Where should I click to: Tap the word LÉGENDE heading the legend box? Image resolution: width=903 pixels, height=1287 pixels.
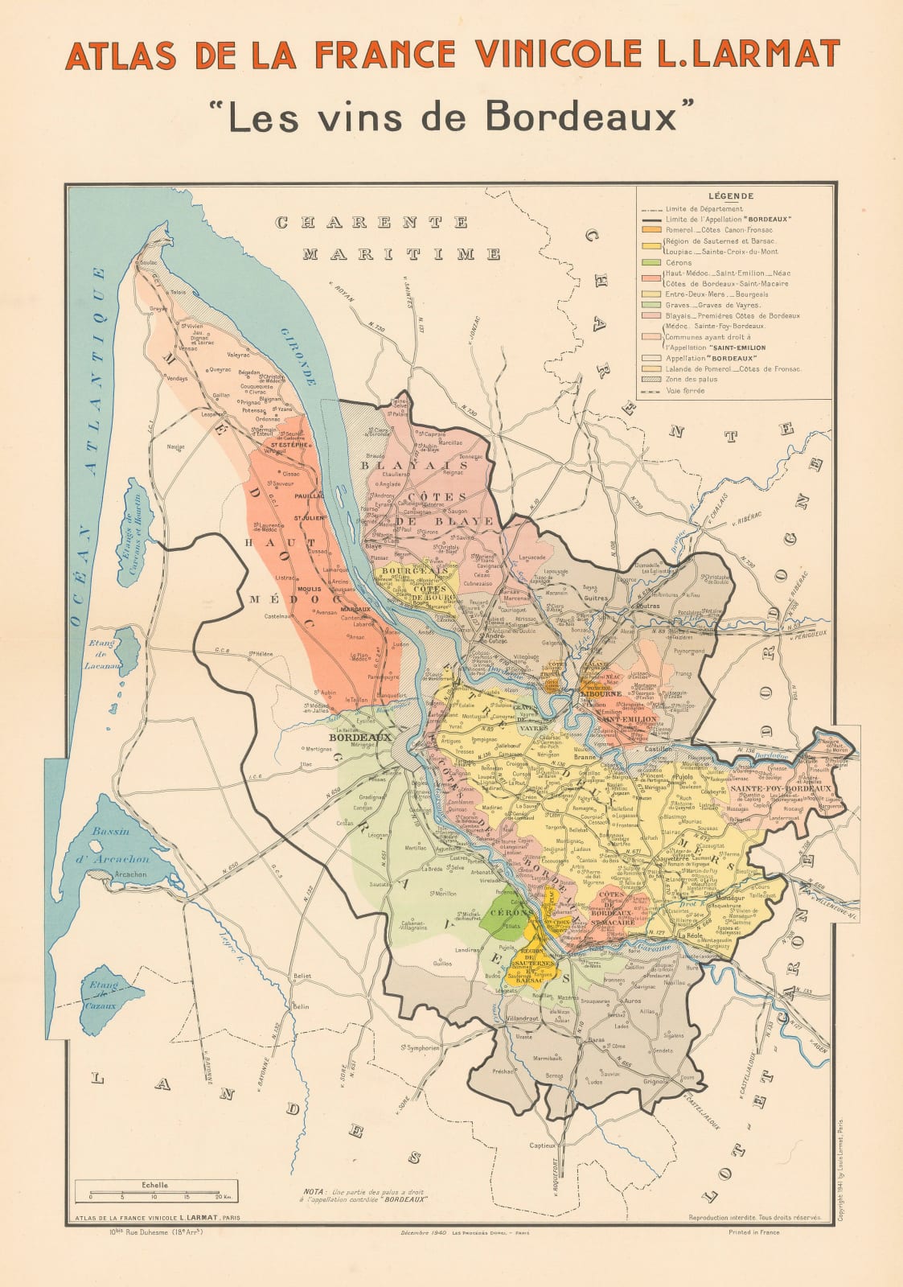pyautogui.click(x=731, y=195)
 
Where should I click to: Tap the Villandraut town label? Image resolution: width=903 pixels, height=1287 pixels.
pyautogui.click(x=527, y=1018)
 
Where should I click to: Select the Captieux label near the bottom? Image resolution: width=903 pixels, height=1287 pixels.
pyautogui.click(x=543, y=1145)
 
